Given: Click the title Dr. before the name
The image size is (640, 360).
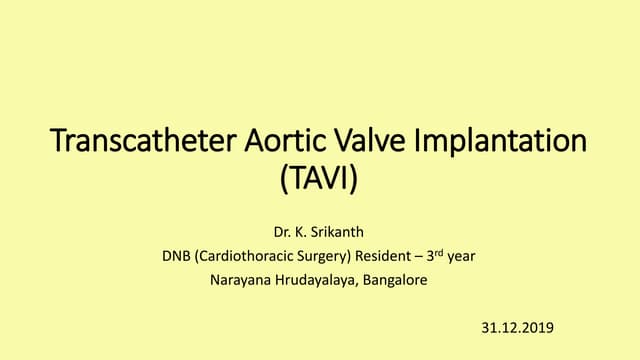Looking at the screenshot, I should tap(282, 232).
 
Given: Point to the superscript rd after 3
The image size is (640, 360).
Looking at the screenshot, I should tap(440, 252).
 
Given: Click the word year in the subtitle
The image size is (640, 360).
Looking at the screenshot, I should tap(461, 256).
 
